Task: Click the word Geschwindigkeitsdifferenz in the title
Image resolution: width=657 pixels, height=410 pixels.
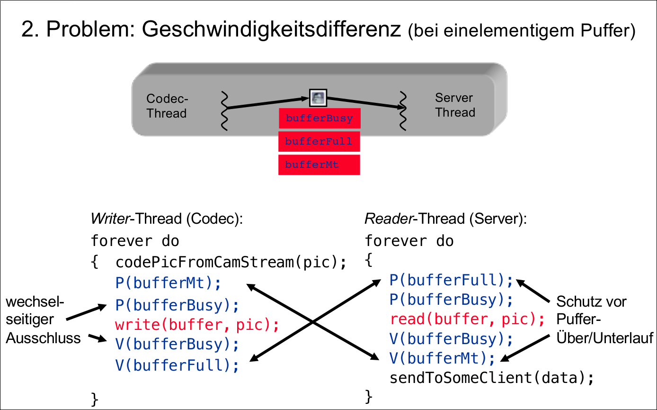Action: pyautogui.click(x=271, y=30)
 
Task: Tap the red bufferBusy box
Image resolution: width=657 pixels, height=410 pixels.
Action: pyautogui.click(x=320, y=118)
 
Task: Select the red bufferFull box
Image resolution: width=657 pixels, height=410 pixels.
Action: pyautogui.click(x=319, y=141)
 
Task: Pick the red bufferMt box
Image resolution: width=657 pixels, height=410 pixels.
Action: pyautogui.click(x=319, y=164)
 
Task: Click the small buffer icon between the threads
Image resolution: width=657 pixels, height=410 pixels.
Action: pyautogui.click(x=318, y=98)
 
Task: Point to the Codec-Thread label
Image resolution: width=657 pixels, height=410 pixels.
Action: pyautogui.click(x=167, y=106)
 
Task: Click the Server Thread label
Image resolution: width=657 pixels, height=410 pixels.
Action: pyautogui.click(x=455, y=105)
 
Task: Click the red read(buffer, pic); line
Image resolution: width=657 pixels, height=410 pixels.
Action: pyautogui.click(x=467, y=319)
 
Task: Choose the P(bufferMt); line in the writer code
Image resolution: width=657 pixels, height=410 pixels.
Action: pyautogui.click(x=168, y=283)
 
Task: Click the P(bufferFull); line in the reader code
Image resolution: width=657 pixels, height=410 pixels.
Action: pyautogui.click(x=451, y=280)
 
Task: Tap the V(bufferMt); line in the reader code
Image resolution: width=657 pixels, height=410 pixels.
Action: pyautogui.click(x=442, y=358)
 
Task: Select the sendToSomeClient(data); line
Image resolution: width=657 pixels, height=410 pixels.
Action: pyautogui.click(x=491, y=378)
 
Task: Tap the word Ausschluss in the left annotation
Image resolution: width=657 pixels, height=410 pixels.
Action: pyautogui.click(x=44, y=338)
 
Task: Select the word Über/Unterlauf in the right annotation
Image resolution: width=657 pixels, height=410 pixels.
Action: pyautogui.click(x=604, y=337)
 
